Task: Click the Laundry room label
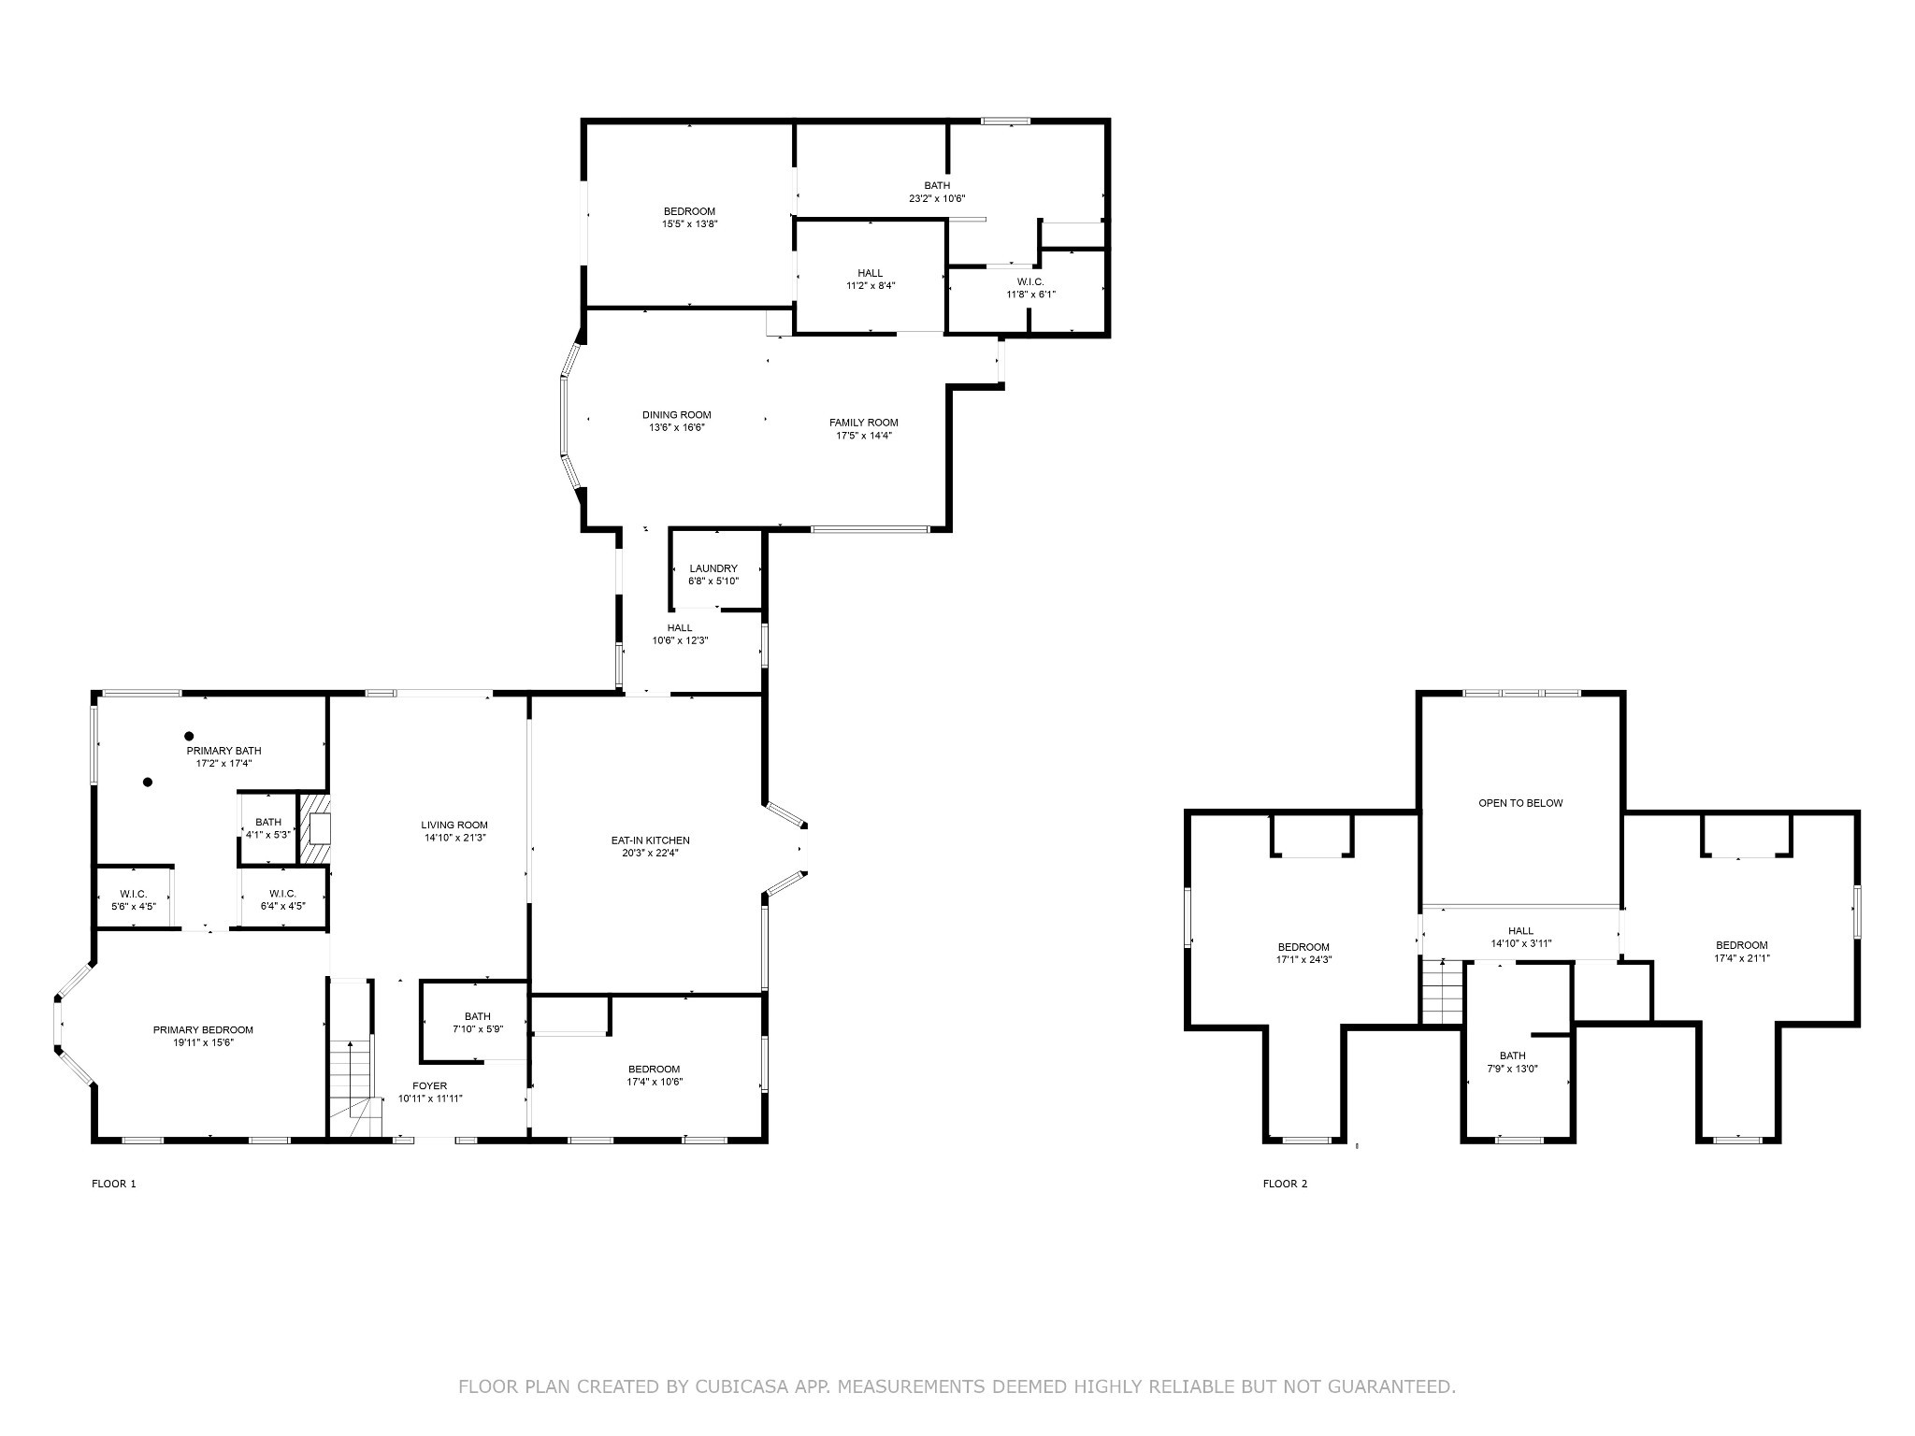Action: (x=713, y=568)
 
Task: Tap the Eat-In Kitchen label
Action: (x=650, y=840)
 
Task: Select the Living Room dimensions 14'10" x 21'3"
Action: (x=454, y=838)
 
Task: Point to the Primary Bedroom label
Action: (x=203, y=1030)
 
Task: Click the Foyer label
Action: (x=430, y=1085)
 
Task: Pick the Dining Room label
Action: (x=676, y=415)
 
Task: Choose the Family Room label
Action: (x=863, y=423)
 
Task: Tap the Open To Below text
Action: (x=1520, y=803)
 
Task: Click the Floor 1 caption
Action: (x=114, y=1184)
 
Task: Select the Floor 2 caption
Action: (x=1285, y=1184)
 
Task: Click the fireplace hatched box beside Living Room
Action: (x=314, y=829)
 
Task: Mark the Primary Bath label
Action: (x=223, y=751)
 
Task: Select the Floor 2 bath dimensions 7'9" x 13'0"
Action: (x=1512, y=1069)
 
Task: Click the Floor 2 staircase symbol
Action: (x=1441, y=991)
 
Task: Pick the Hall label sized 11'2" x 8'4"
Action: (x=870, y=273)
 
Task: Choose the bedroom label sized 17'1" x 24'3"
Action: (x=1303, y=947)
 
